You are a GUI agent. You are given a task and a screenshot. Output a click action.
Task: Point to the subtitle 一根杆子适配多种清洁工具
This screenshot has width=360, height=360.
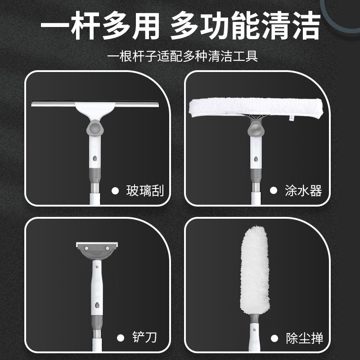click(x=180, y=57)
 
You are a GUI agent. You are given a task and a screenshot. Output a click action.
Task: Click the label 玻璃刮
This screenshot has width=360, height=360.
click(x=144, y=191)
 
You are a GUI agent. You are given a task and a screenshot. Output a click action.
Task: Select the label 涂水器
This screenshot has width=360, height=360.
click(x=304, y=191)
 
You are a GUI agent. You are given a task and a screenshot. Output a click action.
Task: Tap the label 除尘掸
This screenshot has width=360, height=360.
click(x=304, y=337)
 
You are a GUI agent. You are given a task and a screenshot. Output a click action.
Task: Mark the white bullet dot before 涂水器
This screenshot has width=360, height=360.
click(x=273, y=191)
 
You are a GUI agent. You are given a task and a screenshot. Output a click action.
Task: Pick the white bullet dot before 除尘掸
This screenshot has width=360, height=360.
click(x=274, y=337)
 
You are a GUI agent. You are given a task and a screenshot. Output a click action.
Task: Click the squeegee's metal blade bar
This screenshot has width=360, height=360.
click(x=95, y=105)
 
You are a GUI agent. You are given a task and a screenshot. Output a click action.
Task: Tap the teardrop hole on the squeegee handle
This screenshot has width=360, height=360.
click(x=95, y=159)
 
